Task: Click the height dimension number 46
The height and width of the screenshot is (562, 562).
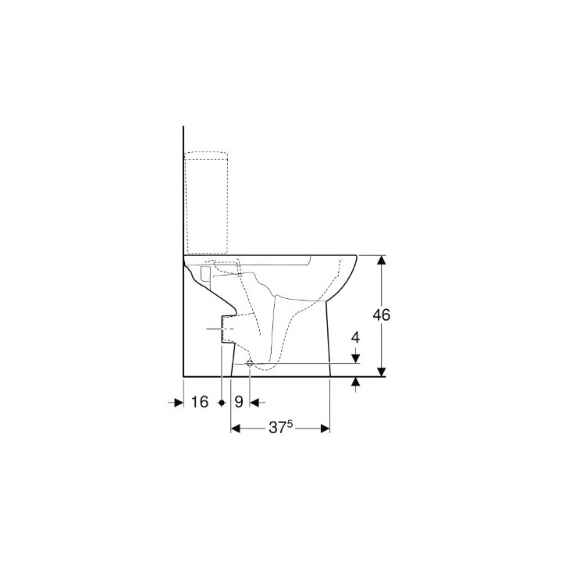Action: tap(381, 315)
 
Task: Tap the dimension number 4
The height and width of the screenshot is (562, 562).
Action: tap(356, 338)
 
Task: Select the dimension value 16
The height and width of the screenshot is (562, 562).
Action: tap(199, 402)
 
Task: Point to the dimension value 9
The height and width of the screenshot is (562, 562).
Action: tap(239, 402)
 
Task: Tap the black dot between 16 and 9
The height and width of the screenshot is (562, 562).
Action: tap(222, 402)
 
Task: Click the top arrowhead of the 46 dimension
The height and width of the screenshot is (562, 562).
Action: tap(381, 260)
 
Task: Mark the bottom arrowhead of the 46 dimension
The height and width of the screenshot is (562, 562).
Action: tap(381, 372)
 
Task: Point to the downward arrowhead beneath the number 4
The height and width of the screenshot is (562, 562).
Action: tap(356, 358)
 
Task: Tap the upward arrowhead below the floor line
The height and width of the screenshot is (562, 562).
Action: tap(356, 382)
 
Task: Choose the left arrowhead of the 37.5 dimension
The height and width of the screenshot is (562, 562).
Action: tap(236, 429)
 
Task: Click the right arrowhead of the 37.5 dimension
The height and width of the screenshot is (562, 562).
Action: tap(326, 429)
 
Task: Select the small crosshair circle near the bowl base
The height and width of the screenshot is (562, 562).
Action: tap(249, 364)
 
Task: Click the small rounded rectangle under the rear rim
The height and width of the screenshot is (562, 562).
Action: tap(205, 272)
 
